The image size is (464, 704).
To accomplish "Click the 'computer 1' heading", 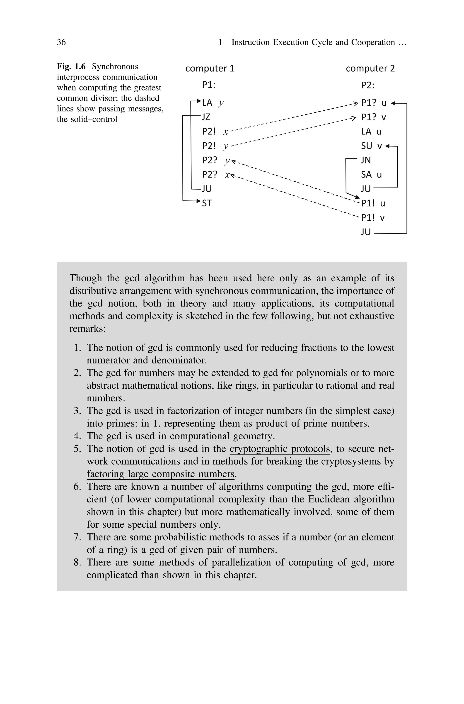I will pos(210,68).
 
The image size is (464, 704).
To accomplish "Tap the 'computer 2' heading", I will pos(370,68).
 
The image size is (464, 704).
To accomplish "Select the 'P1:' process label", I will pos(209,85).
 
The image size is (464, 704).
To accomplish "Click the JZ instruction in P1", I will pos(206,117).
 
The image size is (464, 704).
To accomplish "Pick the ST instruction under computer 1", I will pos(207,203).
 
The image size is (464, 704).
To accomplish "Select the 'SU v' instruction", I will pos(371,146).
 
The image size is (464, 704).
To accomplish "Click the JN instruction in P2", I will pos(366,160).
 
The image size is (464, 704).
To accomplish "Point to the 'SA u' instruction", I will pos(371,175).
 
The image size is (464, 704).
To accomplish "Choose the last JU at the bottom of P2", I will pos(366,232).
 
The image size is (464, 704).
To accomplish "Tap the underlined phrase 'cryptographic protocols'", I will pos(279,448).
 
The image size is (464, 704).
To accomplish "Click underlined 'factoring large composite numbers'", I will pos(160,474).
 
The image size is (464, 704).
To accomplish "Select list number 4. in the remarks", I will pos(77,436).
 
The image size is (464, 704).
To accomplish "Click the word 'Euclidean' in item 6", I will pos(327,499).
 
